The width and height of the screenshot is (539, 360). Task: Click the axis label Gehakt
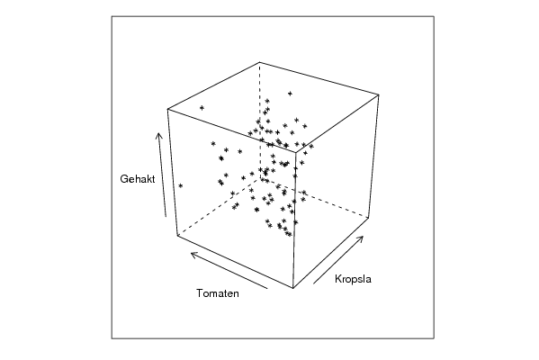[x=138, y=179]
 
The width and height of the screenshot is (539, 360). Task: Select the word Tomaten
[x=218, y=293]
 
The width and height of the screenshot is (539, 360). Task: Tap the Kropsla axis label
[x=353, y=279]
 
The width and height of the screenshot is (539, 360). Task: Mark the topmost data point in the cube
[x=290, y=94]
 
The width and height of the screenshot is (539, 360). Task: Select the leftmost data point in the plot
[x=181, y=186]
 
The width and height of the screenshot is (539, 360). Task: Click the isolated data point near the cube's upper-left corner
[x=202, y=108]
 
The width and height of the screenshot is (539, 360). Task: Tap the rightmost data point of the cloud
[x=311, y=146]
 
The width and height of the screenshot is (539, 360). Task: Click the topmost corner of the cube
[x=260, y=62]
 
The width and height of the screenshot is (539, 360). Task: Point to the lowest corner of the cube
[x=292, y=288]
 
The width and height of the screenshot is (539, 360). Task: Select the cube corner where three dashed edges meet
[x=261, y=178]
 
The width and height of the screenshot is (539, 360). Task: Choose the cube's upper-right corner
[x=379, y=94]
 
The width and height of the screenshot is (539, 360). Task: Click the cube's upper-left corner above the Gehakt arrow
[x=167, y=109]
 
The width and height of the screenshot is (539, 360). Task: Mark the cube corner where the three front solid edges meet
[x=296, y=151]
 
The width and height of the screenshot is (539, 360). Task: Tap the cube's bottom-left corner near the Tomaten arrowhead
[x=177, y=236]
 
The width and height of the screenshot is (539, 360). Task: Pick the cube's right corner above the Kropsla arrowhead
[x=369, y=217]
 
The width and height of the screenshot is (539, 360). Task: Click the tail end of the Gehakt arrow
[x=166, y=217]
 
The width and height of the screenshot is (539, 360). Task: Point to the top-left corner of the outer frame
[x=112, y=16]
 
